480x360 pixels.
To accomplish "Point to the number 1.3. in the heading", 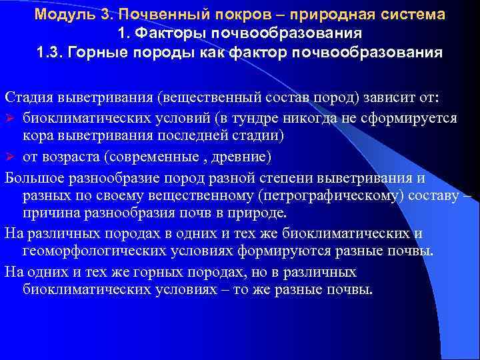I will point(51,53).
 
